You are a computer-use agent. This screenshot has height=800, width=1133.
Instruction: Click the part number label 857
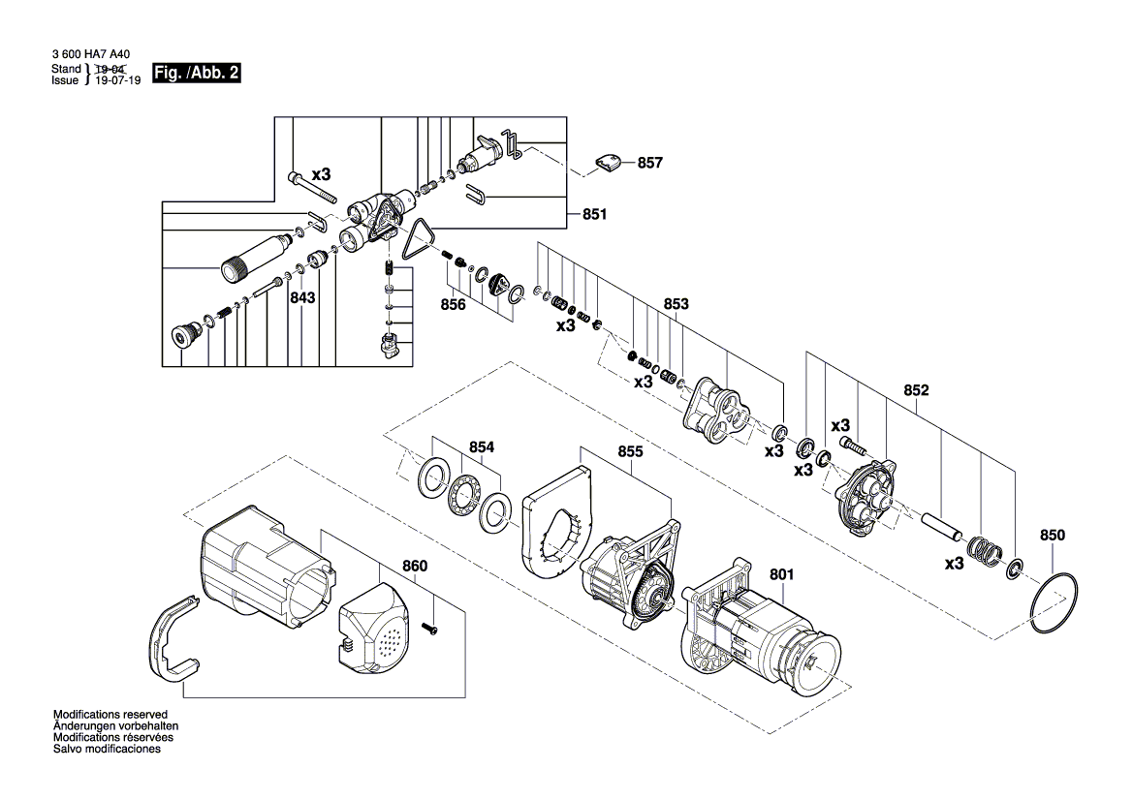[649, 163]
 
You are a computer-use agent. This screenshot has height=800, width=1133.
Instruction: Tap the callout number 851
[595, 214]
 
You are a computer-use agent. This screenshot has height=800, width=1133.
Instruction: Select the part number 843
[302, 297]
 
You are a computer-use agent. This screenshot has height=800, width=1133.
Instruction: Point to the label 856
[453, 305]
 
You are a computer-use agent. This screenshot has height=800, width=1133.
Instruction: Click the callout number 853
[677, 304]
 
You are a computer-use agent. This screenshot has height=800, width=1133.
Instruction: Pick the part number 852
[916, 390]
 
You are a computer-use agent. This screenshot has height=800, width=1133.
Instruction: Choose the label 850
[1053, 536]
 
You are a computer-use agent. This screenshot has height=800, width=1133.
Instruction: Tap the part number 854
[482, 447]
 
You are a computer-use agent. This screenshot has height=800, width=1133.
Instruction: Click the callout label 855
[630, 452]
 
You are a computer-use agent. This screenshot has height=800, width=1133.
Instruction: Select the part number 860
[415, 567]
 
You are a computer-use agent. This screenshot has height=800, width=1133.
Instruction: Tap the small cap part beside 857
[608, 163]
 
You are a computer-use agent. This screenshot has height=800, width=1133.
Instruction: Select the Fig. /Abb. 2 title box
[196, 73]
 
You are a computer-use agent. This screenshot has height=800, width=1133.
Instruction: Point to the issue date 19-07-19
[118, 80]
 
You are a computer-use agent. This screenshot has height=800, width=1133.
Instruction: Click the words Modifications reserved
[110, 715]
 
